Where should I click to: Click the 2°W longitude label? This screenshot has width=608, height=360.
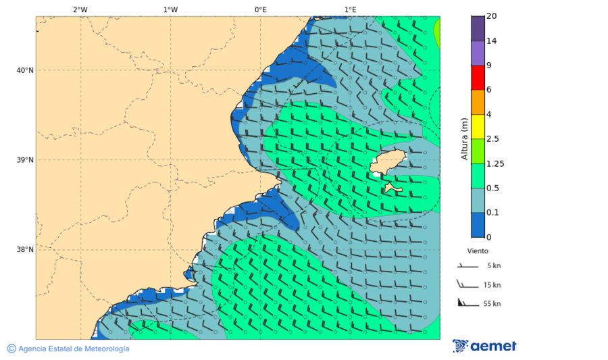(x=80, y=9)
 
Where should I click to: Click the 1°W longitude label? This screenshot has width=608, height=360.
(x=170, y=9)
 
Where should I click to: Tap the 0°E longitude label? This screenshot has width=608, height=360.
(x=260, y=9)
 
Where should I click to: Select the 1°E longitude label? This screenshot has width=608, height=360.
(x=350, y=9)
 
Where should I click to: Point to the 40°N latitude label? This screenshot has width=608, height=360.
(x=24, y=70)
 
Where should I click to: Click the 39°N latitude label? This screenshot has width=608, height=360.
(x=24, y=160)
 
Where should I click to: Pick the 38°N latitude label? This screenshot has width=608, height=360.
(x=24, y=250)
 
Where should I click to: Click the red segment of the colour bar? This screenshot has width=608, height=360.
(x=478, y=78)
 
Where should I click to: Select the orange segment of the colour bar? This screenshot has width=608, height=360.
(x=478, y=102)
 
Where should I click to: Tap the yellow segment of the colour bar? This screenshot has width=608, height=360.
(x=478, y=126)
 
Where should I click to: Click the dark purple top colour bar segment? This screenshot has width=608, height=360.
(x=478, y=28)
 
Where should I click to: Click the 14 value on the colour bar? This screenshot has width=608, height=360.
(x=491, y=41)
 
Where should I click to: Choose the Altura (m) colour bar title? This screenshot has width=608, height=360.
(x=464, y=138)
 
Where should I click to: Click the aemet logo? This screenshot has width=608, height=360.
(x=484, y=346)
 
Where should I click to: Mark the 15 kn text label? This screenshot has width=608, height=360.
(x=492, y=285)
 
